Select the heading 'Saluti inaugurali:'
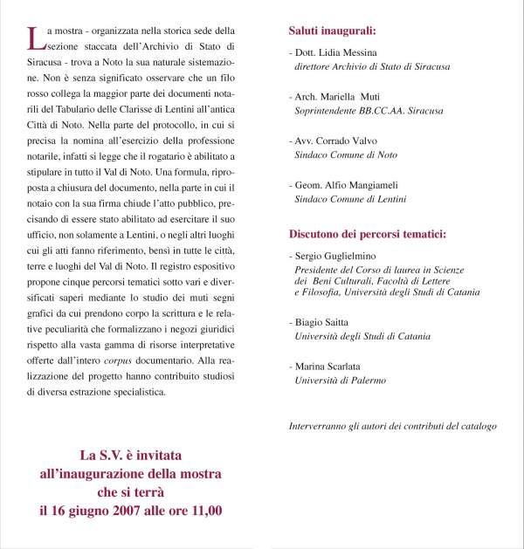pos(333,31)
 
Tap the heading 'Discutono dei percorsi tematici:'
pos(368,235)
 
